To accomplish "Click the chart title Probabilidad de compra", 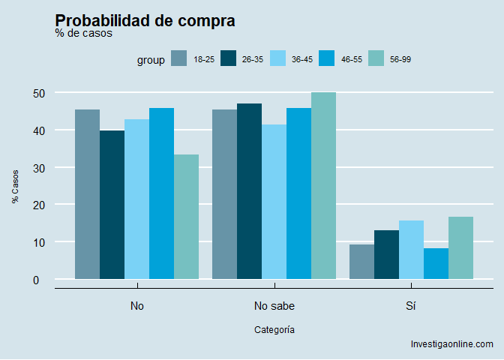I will pyautogui.click(x=145, y=21).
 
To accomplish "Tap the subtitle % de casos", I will pyautogui.click(x=83, y=34).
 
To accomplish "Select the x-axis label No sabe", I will pyautogui.click(x=274, y=306).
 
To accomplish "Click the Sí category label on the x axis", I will pyautogui.click(x=411, y=306).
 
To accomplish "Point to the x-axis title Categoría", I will pyautogui.click(x=274, y=329).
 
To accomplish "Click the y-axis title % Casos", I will pyautogui.click(x=15, y=186).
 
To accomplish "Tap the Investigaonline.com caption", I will pyautogui.click(x=451, y=344).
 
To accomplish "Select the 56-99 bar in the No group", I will pyautogui.click(x=186, y=217).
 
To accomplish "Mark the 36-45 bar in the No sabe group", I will pyautogui.click(x=274, y=202).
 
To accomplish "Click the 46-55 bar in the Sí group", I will pyautogui.click(x=436, y=263).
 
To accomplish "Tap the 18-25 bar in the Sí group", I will pyautogui.click(x=361, y=262).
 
